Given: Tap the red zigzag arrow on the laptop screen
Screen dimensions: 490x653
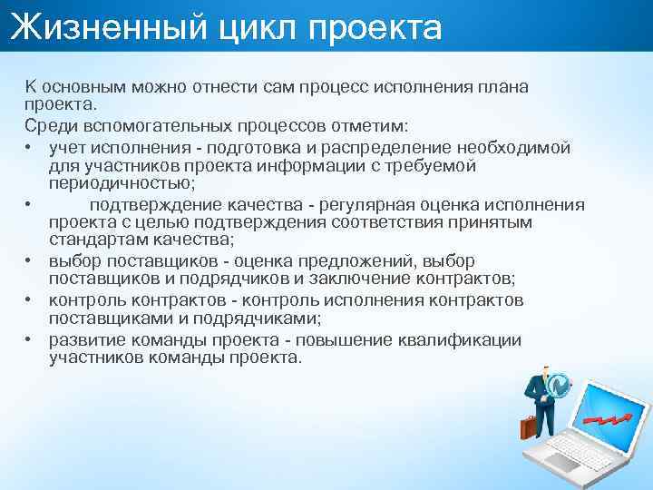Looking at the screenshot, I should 609,416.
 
